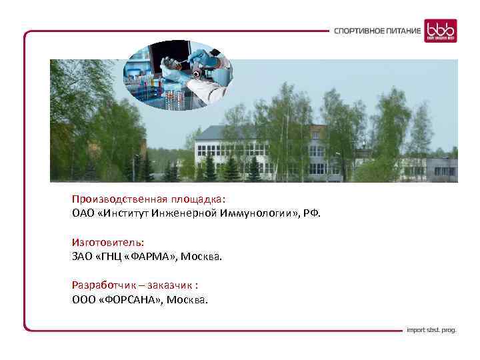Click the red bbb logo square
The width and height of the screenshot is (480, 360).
(x=441, y=31)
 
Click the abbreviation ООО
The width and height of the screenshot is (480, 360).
(x=84, y=299)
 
